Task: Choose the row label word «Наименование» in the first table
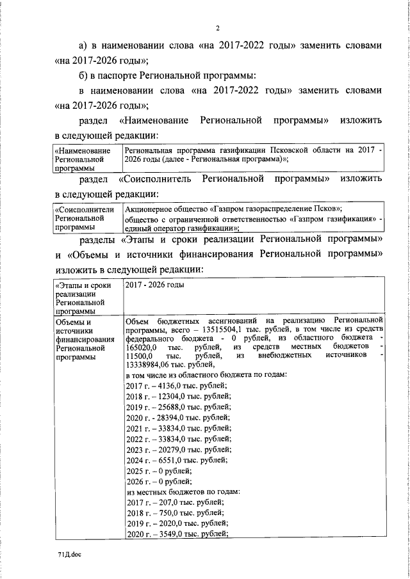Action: [x=82, y=150]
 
